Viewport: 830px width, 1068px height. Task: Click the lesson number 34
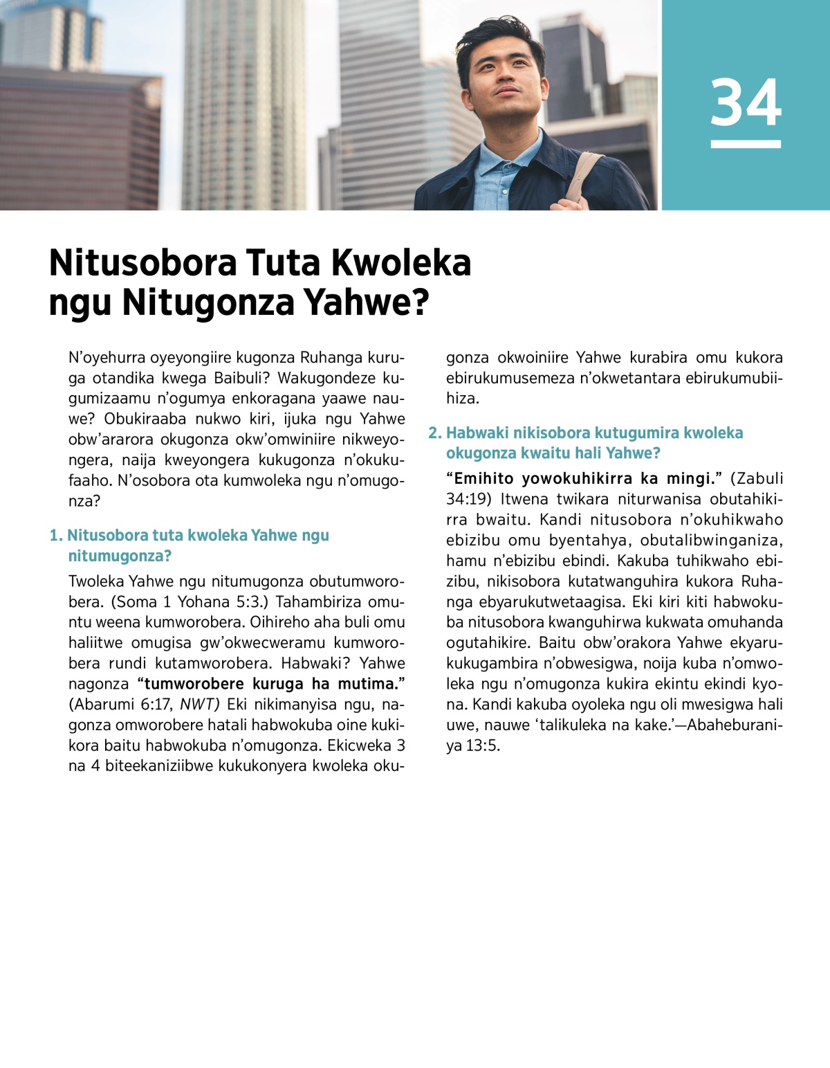tap(746, 102)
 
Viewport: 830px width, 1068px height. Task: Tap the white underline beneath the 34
tap(746, 144)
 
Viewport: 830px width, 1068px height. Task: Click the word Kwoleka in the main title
tap(400, 263)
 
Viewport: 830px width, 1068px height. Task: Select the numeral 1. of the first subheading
tap(56, 535)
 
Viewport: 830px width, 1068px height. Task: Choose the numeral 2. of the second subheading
tap(434, 433)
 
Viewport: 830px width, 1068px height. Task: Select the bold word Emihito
tap(483, 478)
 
